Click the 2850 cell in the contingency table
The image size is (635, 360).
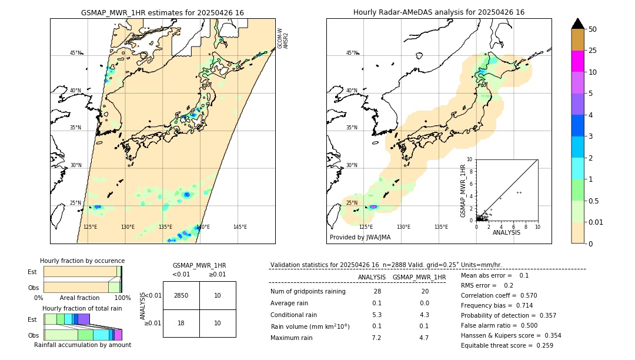[x=181, y=295]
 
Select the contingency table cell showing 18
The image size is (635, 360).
[x=181, y=324]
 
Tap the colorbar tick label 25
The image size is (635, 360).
[x=593, y=51]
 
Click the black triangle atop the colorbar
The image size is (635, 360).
[x=578, y=24]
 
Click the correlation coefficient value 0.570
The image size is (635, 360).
[x=525, y=295]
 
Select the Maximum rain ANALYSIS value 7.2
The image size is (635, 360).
[x=377, y=338]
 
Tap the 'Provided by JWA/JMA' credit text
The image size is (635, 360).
[x=360, y=237]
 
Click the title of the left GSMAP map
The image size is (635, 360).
[x=162, y=12]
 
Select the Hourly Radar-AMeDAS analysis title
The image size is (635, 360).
[x=439, y=12]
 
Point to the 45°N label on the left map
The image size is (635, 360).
[x=75, y=53]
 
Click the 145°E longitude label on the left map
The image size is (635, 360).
[x=240, y=227]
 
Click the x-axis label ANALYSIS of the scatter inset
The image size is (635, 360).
[x=506, y=233]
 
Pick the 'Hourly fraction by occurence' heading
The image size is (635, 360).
[x=82, y=261]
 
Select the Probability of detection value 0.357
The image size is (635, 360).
[x=541, y=315]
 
